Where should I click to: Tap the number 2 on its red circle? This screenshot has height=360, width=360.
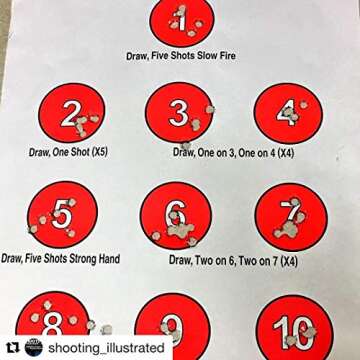70,115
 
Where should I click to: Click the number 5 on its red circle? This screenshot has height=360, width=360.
62,214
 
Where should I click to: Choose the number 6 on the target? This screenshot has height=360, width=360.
176,215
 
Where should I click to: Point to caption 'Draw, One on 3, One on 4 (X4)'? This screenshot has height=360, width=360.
235,152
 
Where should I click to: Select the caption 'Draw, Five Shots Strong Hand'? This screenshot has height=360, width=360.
61,258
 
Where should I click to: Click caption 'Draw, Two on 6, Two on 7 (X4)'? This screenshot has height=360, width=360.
233,259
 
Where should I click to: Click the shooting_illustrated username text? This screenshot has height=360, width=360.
110,346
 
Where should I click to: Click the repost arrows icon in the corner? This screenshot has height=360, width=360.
12,346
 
